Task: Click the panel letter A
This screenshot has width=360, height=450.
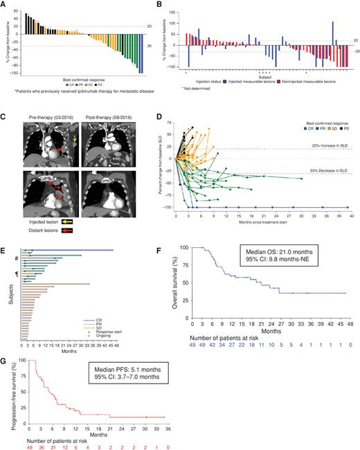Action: (6, 6)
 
